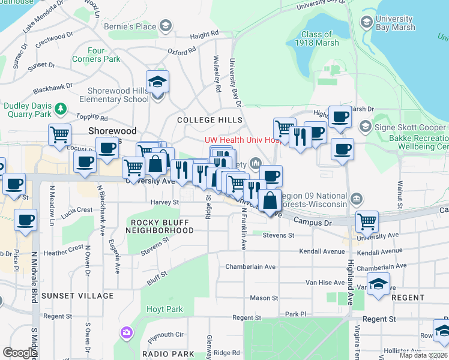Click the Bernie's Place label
coord(138,26)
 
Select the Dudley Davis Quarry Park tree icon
coord(60,109)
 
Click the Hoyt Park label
coord(164,310)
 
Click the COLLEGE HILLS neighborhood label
coord(205,120)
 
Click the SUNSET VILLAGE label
coord(69,296)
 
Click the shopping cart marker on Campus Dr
coord(366,221)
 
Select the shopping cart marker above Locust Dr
coord(60,136)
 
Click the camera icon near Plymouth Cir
coord(126,332)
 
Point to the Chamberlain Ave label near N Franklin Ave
coord(250,266)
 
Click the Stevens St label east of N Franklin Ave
coord(279,236)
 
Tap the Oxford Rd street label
coord(182,52)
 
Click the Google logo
coord(20,353)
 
